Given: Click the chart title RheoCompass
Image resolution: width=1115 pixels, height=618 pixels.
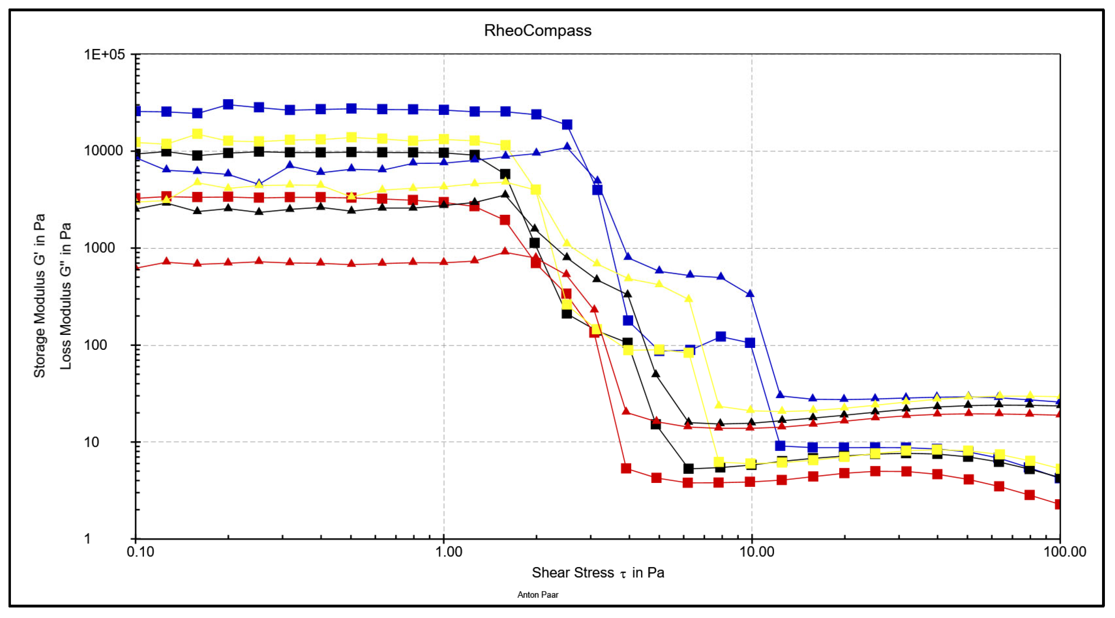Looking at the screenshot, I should coord(537,31).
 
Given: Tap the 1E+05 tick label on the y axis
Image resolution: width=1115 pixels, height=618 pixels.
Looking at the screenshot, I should coord(104,55).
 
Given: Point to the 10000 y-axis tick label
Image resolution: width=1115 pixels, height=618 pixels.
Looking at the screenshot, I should coord(104,151).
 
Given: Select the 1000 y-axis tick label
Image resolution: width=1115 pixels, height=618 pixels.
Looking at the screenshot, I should coord(99,248).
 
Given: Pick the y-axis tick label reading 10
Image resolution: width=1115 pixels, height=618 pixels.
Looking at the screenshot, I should coord(91,442).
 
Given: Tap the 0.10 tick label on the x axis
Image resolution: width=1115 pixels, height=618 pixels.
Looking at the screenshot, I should coord(140,552).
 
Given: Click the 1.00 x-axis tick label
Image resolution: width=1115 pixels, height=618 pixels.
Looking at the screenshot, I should coord(449,552).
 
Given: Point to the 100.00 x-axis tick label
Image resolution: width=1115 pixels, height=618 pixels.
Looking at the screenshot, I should coord(1065,552).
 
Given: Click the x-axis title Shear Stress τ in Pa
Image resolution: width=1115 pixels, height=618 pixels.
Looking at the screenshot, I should coord(598,573).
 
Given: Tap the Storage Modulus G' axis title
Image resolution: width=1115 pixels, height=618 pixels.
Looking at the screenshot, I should coord(39,296).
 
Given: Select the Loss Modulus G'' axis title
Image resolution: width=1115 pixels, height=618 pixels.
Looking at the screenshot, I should coord(66,296).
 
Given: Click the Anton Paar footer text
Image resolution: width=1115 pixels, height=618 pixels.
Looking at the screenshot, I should coord(537,595).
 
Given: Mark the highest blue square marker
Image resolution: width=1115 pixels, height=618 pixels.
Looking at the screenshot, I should coord(228,104).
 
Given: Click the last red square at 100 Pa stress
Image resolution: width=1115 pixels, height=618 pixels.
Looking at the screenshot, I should coord(1059,504).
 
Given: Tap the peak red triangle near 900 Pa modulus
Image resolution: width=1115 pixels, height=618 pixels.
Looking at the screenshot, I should coord(505,252).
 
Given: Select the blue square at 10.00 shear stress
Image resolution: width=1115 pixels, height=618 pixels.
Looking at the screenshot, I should coord(750,343).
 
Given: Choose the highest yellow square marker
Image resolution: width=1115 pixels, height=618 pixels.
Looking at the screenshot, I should coord(197,134).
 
